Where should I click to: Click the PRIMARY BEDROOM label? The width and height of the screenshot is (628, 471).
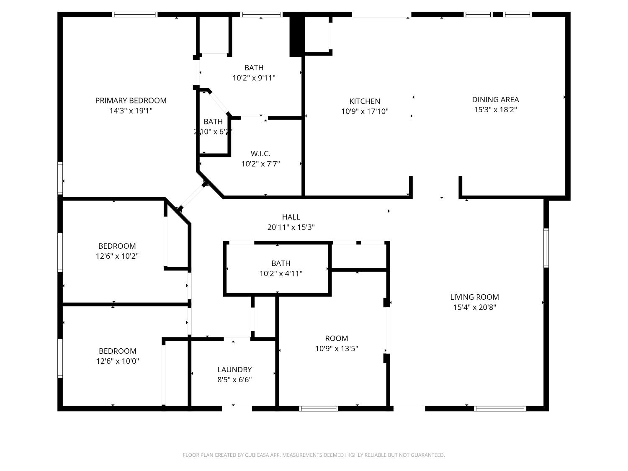pos(131,100)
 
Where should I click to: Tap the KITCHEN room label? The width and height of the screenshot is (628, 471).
pos(365,101)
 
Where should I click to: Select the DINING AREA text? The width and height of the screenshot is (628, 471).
pos(495,100)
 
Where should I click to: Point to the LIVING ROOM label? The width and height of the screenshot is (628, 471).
pos(474,297)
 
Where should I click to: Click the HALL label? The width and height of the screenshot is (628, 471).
pos(291,217)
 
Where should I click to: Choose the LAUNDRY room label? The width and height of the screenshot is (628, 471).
pos(234,370)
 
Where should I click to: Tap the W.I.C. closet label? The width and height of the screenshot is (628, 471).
pos(260,153)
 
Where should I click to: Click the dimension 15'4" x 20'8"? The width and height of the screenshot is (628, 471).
pos(474,307)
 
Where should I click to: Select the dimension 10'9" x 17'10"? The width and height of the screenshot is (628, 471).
pos(365,111)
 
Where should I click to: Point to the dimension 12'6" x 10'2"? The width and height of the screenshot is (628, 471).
pos(117,256)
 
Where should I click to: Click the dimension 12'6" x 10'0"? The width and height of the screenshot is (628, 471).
pos(117,361)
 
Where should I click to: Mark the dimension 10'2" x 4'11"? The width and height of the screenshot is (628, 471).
pos(281,273)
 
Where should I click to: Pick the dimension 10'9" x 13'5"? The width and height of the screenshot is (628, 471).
pos(337,348)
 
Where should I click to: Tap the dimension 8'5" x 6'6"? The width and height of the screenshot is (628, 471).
pos(234,380)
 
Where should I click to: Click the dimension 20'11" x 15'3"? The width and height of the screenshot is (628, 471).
pos(291,227)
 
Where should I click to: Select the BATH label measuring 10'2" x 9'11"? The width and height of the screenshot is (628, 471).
pos(254,68)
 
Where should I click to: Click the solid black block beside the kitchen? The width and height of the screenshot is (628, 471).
pos(296,36)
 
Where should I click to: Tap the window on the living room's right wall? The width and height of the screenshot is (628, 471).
pos(546,247)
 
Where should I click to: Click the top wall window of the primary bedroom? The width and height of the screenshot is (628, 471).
pos(135,15)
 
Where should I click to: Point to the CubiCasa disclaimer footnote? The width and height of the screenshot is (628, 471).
pos(314,455)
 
